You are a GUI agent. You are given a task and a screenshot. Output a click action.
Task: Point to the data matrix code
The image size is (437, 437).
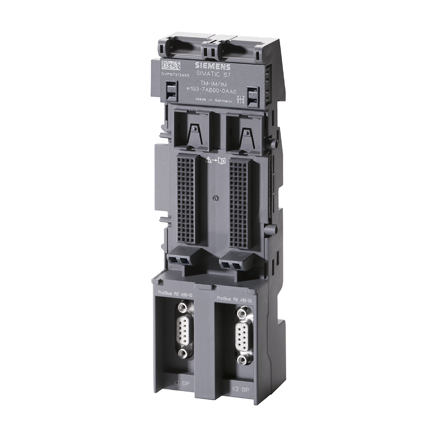click(x=170, y=66)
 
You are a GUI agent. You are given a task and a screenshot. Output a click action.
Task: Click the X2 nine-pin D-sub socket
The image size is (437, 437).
click(x=243, y=336)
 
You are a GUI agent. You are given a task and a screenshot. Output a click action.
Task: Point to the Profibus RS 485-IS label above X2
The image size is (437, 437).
click(x=234, y=299)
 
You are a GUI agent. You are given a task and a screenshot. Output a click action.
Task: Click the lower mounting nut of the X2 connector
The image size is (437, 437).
click(x=243, y=360)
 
